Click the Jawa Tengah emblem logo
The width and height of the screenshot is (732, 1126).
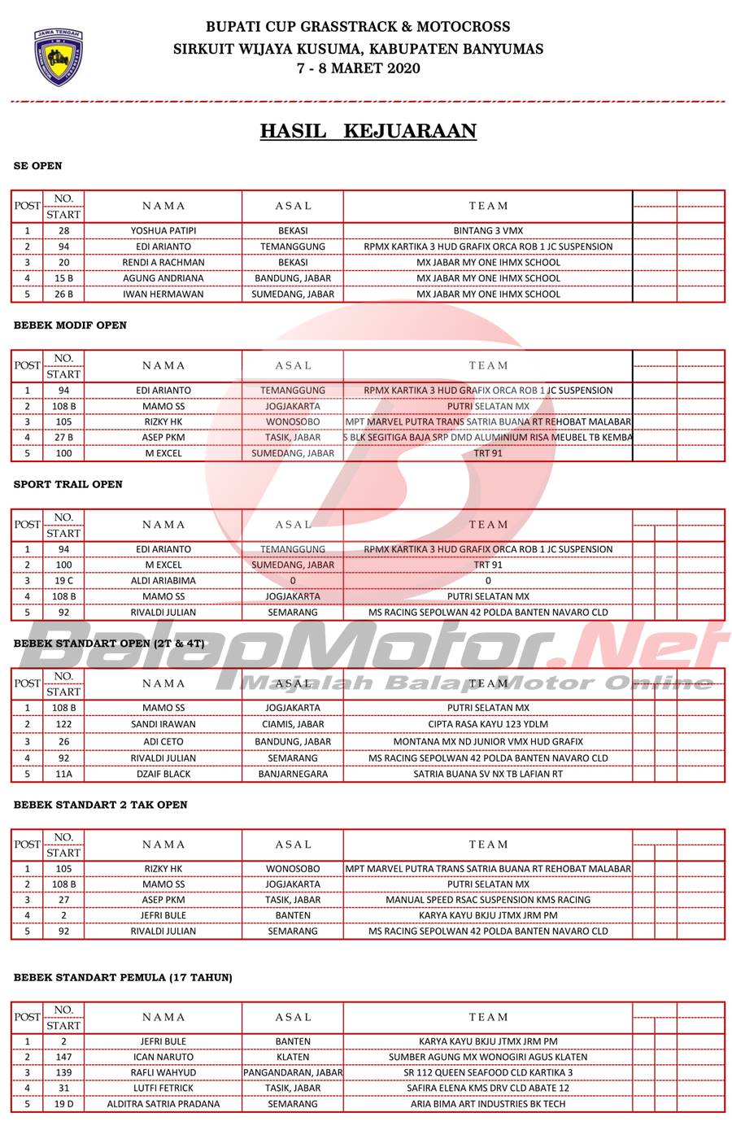click(58, 58)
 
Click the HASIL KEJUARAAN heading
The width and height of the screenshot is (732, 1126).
click(368, 131)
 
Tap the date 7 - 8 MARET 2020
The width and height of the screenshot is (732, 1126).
click(359, 68)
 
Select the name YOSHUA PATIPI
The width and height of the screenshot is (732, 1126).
click(163, 230)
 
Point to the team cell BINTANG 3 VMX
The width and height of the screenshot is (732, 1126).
click(488, 230)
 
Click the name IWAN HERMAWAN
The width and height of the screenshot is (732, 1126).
click(163, 294)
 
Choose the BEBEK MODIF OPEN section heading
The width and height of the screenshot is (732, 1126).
click(70, 325)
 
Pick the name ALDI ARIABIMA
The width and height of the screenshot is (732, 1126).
click(163, 581)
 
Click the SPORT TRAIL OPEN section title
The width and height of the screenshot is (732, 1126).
click(68, 484)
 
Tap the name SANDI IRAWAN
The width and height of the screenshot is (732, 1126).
click(163, 724)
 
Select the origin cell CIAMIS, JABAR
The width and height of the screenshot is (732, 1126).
click(293, 724)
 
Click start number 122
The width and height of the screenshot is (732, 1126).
click(63, 724)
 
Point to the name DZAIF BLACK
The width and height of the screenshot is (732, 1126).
click(163, 774)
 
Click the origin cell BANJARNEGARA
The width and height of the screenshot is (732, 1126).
click(293, 774)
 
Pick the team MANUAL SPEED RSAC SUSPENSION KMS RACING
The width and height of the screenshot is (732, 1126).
click(488, 900)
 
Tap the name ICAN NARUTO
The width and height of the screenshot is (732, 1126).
click(163, 1057)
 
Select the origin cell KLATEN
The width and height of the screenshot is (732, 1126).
click(293, 1057)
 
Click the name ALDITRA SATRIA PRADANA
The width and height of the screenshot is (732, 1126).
click(163, 1104)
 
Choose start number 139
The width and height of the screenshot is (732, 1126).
click(63, 1072)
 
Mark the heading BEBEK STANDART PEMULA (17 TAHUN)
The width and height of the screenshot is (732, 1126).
click(123, 977)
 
